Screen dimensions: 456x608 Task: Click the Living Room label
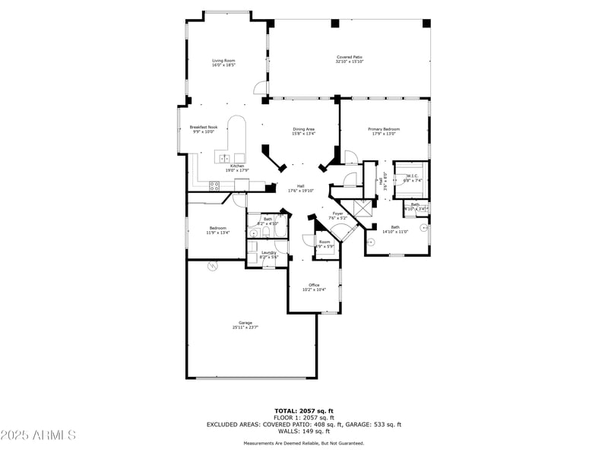click(x=223, y=60)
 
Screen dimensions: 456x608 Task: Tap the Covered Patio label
click(x=350, y=56)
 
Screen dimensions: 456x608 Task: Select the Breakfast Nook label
click(x=203, y=127)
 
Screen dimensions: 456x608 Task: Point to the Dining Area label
click(x=304, y=128)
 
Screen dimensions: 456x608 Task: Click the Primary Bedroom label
click(x=384, y=128)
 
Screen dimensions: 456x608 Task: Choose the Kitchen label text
click(x=238, y=166)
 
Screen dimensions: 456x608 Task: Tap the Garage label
click(x=245, y=322)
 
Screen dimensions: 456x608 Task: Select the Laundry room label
click(x=269, y=252)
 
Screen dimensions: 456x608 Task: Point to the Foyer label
click(x=337, y=214)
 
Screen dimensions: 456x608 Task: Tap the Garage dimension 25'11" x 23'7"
click(x=245, y=328)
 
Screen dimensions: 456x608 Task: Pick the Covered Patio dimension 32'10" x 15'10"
click(x=350, y=62)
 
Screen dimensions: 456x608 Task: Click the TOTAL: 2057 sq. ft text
click(x=303, y=411)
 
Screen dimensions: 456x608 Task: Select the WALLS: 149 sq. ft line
click(x=303, y=431)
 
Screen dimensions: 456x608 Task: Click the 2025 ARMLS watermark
click(x=38, y=435)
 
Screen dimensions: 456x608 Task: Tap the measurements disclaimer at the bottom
click(x=303, y=443)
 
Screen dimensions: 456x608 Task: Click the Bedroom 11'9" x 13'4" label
click(x=217, y=230)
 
